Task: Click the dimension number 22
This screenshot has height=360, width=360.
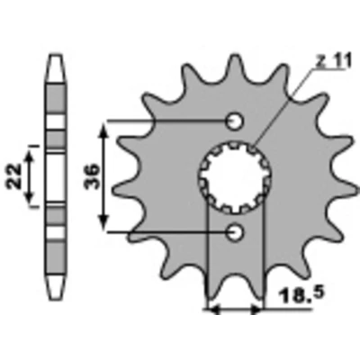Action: [14, 176]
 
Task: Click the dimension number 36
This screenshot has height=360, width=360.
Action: [92, 176]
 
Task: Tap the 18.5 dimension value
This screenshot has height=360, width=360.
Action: [301, 295]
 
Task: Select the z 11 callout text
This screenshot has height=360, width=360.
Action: [333, 62]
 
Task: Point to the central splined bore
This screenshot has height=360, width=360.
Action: [235, 178]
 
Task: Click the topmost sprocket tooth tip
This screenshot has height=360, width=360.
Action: [236, 56]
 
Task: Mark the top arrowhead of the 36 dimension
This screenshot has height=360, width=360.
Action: [103, 130]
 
